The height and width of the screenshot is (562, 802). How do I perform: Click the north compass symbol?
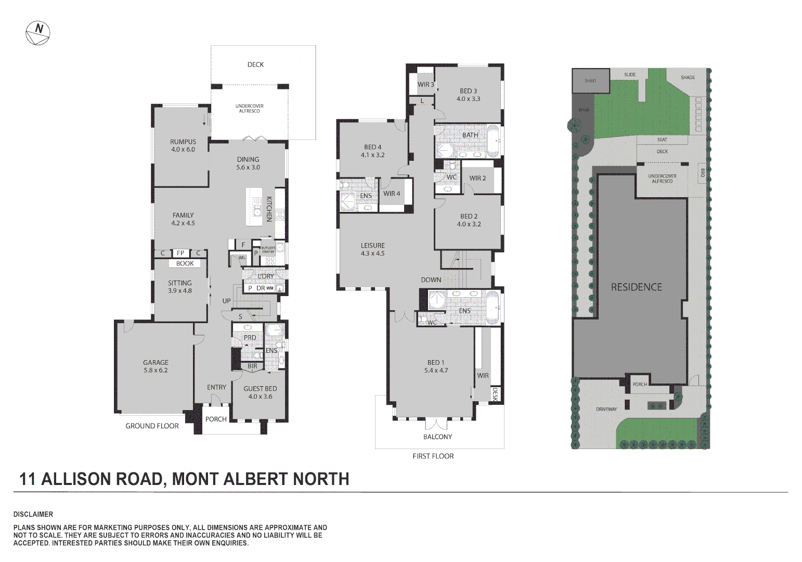pyautogui.click(x=38, y=33)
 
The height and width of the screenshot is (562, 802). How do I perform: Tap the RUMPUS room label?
pyautogui.click(x=183, y=142)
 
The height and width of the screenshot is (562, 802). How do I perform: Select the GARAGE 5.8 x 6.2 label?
pyautogui.click(x=156, y=366)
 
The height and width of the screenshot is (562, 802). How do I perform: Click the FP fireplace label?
pyautogui.click(x=180, y=253)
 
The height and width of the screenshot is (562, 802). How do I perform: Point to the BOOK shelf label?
pyautogui.click(x=185, y=264)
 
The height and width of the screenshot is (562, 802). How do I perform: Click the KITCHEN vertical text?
pyautogui.click(x=269, y=209)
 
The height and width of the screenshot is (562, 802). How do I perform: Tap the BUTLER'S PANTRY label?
pyautogui.click(x=268, y=250)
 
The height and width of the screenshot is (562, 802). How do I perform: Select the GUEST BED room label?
pyautogui.click(x=260, y=389)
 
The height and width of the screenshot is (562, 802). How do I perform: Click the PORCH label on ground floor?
pyautogui.click(x=216, y=419)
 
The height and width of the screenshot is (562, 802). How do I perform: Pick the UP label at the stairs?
pyautogui.click(x=226, y=301)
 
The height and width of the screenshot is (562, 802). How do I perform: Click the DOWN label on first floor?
pyautogui.click(x=431, y=280)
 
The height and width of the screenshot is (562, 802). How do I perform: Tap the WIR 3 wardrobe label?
pyautogui.click(x=425, y=84)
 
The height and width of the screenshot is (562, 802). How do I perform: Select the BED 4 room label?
pyautogui.click(x=372, y=147)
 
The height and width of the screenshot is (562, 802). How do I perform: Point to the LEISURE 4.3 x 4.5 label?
pyautogui.click(x=372, y=249)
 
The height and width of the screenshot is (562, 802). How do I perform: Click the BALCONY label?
pyautogui.click(x=437, y=437)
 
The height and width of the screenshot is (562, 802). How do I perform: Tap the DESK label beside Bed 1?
pyautogui.click(x=495, y=394)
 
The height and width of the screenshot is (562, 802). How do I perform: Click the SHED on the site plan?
pyautogui.click(x=590, y=81)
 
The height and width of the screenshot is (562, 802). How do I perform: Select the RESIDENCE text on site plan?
pyautogui.click(x=636, y=287)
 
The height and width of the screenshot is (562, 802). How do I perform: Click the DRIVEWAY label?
pyautogui.click(x=606, y=410)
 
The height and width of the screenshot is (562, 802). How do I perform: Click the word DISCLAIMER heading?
pyautogui.click(x=33, y=515)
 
